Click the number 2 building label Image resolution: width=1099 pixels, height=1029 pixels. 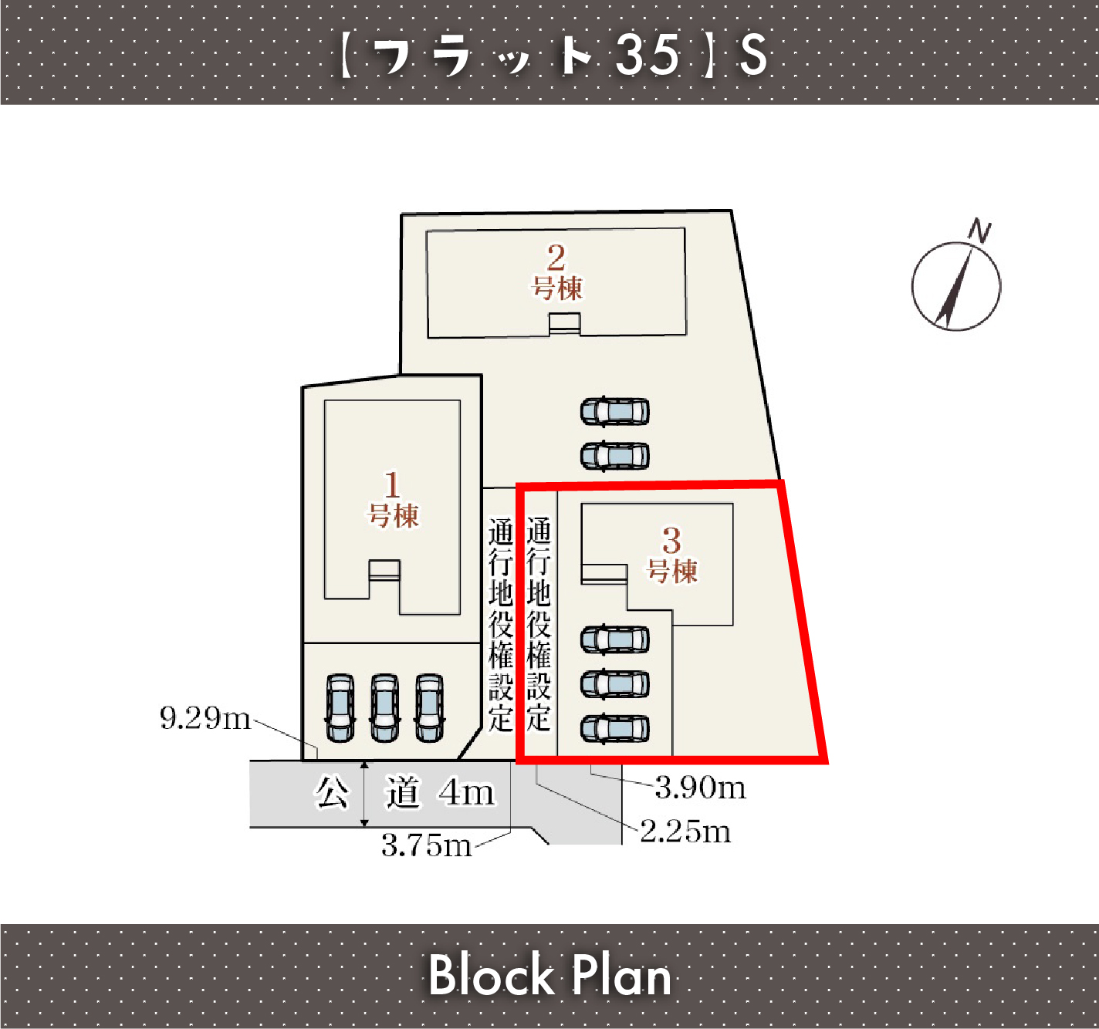click(556, 273)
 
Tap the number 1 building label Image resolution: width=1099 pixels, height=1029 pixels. click(393, 500)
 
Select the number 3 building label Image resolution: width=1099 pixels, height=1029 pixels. click(671, 555)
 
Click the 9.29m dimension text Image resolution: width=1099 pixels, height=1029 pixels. click(205, 718)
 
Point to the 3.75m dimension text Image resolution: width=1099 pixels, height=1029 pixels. click(427, 845)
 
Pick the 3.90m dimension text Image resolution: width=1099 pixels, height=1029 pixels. click(701, 788)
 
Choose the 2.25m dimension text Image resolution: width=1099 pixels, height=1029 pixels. click(685, 832)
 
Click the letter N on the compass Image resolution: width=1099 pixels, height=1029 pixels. click(979, 231)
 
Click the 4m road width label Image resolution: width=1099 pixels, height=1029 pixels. click(466, 792)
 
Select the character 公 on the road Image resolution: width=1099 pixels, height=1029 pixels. click(331, 792)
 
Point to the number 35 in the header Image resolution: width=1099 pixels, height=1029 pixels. click(648, 54)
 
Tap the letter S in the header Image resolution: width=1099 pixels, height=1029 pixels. click(753, 54)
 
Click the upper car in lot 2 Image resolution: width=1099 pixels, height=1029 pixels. click(615, 412)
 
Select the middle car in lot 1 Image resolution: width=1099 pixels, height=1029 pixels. click(384, 707)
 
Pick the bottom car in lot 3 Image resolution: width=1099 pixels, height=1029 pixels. click(615, 728)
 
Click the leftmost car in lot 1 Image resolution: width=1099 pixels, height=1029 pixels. click(340, 707)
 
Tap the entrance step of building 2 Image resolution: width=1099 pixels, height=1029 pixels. click(565, 324)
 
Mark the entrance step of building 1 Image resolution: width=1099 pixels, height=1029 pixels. click(384, 571)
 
